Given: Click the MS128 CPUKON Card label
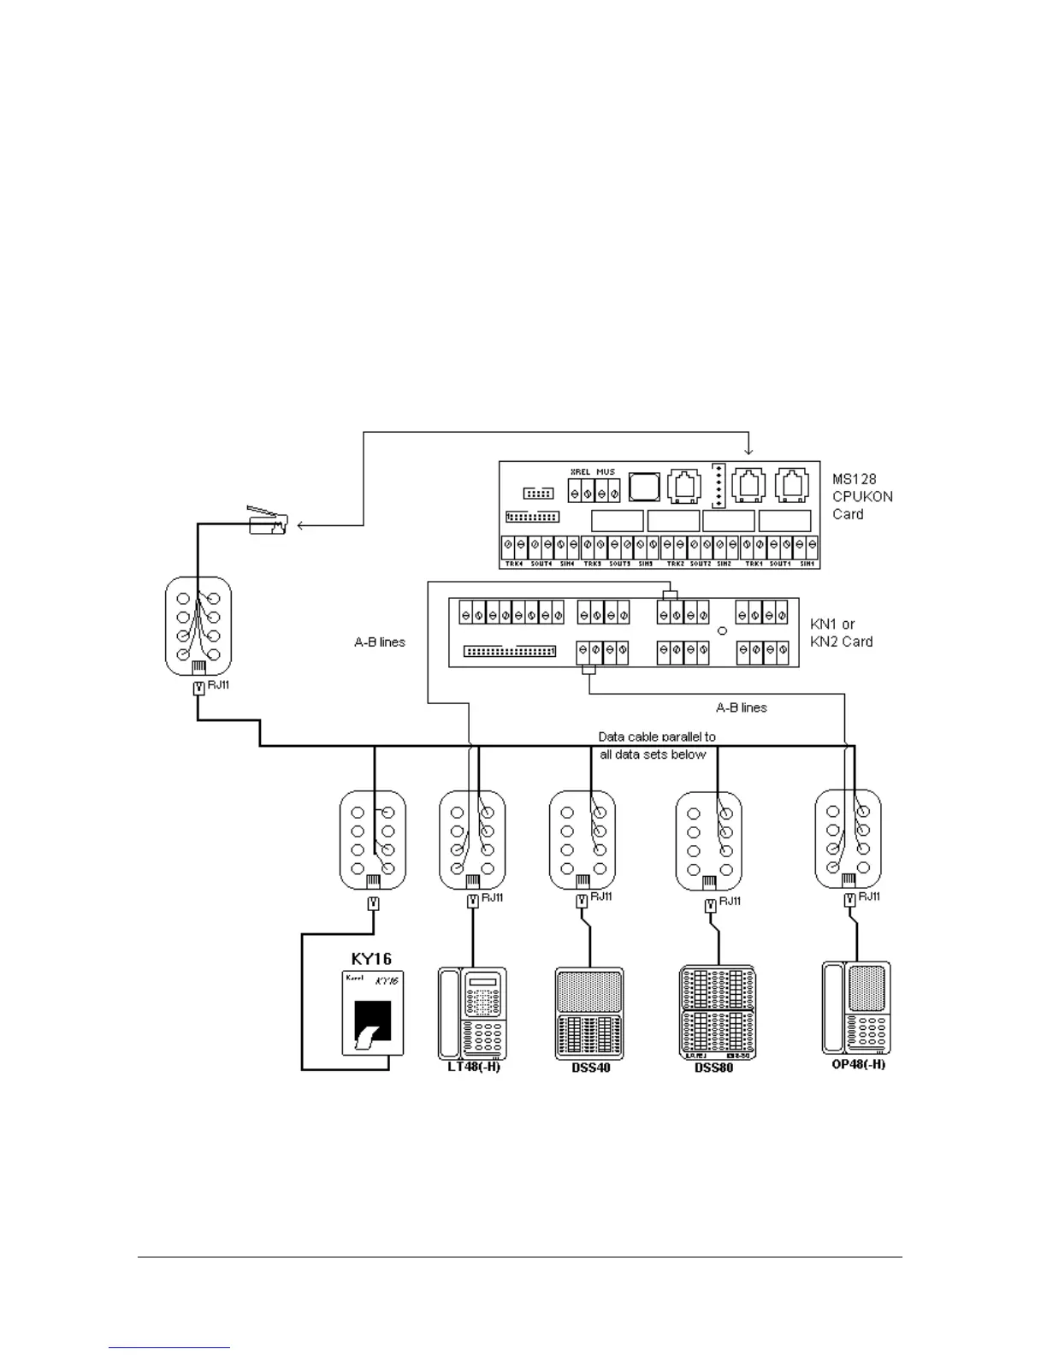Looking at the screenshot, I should (861, 497).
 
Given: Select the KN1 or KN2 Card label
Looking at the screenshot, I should (841, 633).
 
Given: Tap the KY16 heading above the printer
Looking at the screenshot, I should (371, 958).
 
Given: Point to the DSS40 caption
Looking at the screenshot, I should (589, 1068).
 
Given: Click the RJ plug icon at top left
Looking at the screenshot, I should (268, 521).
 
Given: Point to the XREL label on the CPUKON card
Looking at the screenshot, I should (580, 472).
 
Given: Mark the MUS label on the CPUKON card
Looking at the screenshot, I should (606, 472).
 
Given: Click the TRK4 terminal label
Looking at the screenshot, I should (514, 564).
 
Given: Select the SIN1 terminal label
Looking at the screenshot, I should (807, 564).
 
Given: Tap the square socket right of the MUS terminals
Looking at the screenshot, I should (643, 488).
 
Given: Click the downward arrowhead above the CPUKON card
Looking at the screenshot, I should (749, 452).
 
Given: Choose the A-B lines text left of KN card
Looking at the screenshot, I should (379, 642).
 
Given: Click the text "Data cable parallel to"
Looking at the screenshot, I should (656, 737).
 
